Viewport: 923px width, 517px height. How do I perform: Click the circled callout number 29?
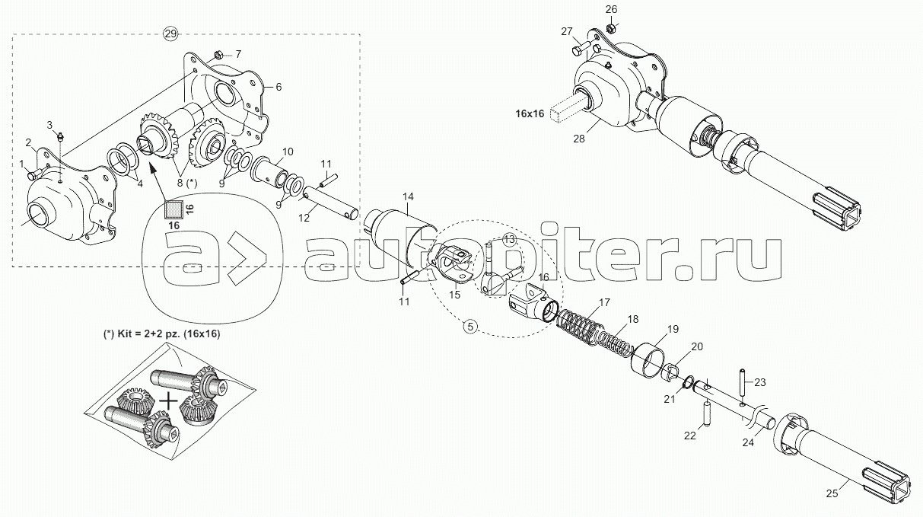click(x=170, y=34)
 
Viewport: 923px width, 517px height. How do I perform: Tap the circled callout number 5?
click(x=470, y=327)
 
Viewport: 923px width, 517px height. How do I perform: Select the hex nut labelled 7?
click(x=219, y=54)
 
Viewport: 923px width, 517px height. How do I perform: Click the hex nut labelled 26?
click(x=612, y=28)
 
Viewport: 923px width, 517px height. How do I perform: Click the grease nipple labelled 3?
click(x=60, y=136)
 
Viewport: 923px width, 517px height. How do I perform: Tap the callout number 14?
click(x=408, y=196)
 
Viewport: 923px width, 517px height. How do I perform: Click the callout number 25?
click(x=832, y=493)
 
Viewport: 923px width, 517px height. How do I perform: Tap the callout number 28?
click(x=579, y=139)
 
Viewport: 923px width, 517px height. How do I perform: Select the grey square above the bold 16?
click(x=173, y=209)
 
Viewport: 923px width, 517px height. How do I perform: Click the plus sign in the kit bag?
click(x=168, y=401)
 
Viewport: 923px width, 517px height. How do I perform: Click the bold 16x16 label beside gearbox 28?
click(x=530, y=113)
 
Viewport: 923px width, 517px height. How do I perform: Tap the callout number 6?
click(x=278, y=87)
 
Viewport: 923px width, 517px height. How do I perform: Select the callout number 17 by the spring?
click(x=604, y=302)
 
